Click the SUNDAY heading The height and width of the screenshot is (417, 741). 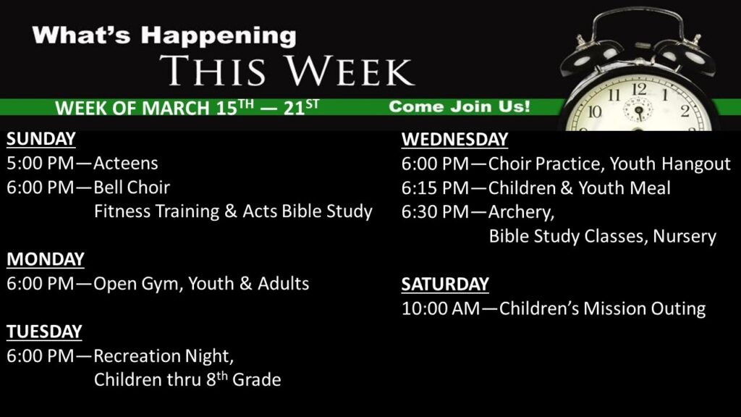[x=41, y=139]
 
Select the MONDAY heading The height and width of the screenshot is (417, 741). [x=46, y=259]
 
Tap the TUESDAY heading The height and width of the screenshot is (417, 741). [x=44, y=332]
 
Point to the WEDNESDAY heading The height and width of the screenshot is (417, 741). [x=454, y=140]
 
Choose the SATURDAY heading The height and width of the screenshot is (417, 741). [x=445, y=284]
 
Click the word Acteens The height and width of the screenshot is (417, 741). [x=126, y=163]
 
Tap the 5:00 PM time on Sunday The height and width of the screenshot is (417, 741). [x=41, y=163]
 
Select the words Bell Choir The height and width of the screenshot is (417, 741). [x=132, y=188]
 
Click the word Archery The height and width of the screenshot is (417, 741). [x=521, y=212]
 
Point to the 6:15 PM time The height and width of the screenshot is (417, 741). [x=435, y=188]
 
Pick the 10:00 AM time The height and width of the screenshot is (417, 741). [x=441, y=308]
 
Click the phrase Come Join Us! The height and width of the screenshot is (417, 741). [x=460, y=106]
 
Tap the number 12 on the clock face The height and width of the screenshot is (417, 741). [x=639, y=89]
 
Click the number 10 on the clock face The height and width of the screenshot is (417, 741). [x=595, y=111]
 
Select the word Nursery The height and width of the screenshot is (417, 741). [x=685, y=236]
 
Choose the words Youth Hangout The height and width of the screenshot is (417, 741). [x=669, y=164]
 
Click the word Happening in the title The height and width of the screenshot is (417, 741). [x=219, y=36]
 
